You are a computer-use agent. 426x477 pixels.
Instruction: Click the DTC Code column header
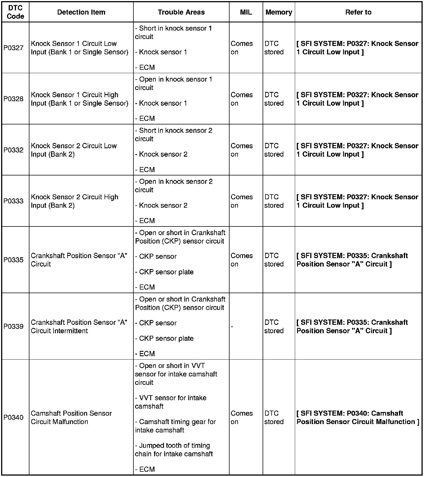point(15,12)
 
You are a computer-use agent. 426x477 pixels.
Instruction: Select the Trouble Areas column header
point(181,12)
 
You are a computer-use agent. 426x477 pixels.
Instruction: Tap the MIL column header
point(246,12)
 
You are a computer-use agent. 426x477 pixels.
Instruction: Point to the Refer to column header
point(358,12)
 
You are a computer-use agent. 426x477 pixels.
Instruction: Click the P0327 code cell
point(13,48)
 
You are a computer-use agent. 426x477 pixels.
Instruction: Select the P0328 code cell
point(13,99)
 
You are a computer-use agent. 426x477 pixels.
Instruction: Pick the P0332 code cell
point(13,150)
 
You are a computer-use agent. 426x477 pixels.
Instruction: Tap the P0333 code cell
point(13,201)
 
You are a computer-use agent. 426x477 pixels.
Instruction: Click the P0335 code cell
point(13,260)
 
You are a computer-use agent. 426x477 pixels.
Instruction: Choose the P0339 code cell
point(13,327)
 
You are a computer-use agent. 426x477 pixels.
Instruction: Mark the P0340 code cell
point(13,418)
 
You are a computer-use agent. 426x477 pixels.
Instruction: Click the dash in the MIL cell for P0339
point(232,327)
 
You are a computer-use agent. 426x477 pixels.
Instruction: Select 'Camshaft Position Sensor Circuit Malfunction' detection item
point(71,418)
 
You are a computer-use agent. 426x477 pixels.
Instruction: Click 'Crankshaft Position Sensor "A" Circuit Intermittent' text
point(79,327)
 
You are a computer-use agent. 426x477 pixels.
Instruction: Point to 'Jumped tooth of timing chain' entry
point(174,450)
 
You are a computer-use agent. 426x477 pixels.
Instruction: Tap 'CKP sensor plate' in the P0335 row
point(166,272)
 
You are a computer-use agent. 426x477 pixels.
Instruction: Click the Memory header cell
point(279,12)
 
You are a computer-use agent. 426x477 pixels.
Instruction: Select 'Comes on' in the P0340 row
point(242,418)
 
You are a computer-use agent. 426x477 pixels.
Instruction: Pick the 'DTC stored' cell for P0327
point(274,48)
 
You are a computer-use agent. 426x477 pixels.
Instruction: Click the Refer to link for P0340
point(358,418)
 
